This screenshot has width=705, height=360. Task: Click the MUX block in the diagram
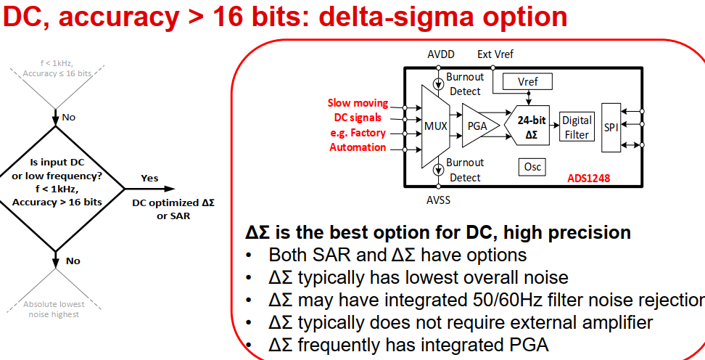point(435,125)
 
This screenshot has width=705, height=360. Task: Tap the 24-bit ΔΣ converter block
point(531,125)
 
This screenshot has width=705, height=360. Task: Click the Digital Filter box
point(577,126)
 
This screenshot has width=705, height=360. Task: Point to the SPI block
point(611,126)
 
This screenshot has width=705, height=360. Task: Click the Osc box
point(532,166)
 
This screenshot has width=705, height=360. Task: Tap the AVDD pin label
point(442,54)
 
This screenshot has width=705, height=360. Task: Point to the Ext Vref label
point(495,54)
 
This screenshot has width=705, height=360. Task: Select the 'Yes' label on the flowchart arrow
point(149,178)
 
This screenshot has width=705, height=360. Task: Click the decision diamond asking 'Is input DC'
point(56,187)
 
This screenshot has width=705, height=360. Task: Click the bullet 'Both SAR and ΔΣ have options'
point(397,255)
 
